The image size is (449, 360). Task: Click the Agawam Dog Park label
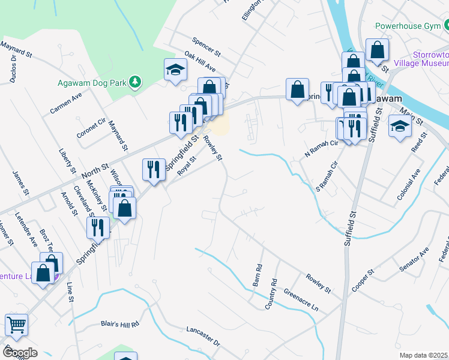[x=94, y=83]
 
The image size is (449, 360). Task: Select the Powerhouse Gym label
[x=408, y=26]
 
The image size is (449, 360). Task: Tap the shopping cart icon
[x=16, y=325]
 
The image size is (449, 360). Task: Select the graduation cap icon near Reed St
[x=400, y=127]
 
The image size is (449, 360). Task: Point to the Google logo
[x=19, y=352]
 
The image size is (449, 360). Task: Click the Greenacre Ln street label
[x=301, y=300]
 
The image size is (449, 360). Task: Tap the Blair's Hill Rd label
[x=119, y=323]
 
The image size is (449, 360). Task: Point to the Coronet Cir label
[x=91, y=126]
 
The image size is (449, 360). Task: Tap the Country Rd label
[x=271, y=294]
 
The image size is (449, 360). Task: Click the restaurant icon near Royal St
[x=153, y=169]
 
